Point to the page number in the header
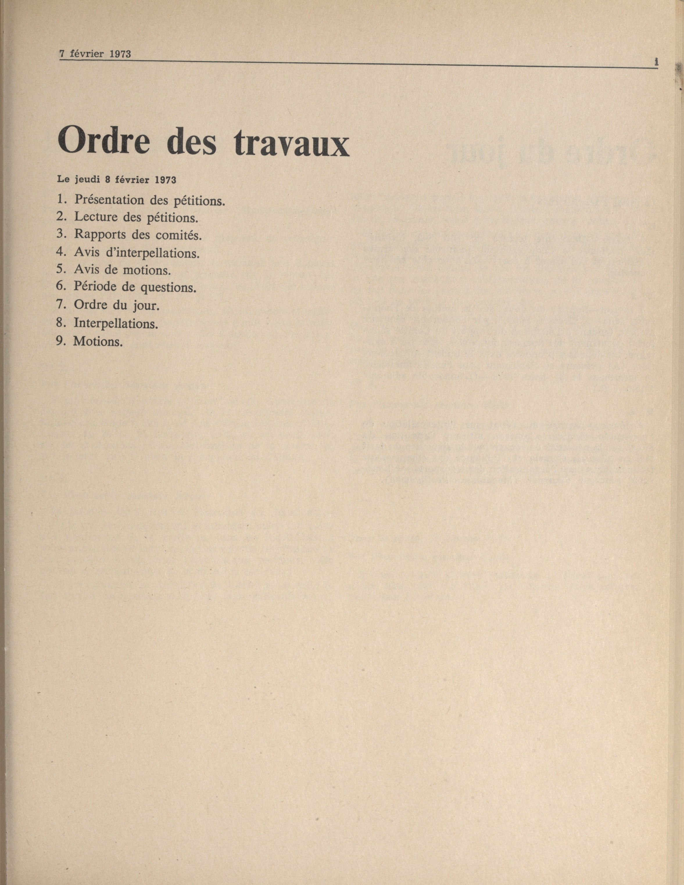[656, 62]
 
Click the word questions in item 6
[169, 288]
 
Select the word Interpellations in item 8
[116, 323]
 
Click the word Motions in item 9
[98, 341]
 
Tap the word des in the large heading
[193, 141]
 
